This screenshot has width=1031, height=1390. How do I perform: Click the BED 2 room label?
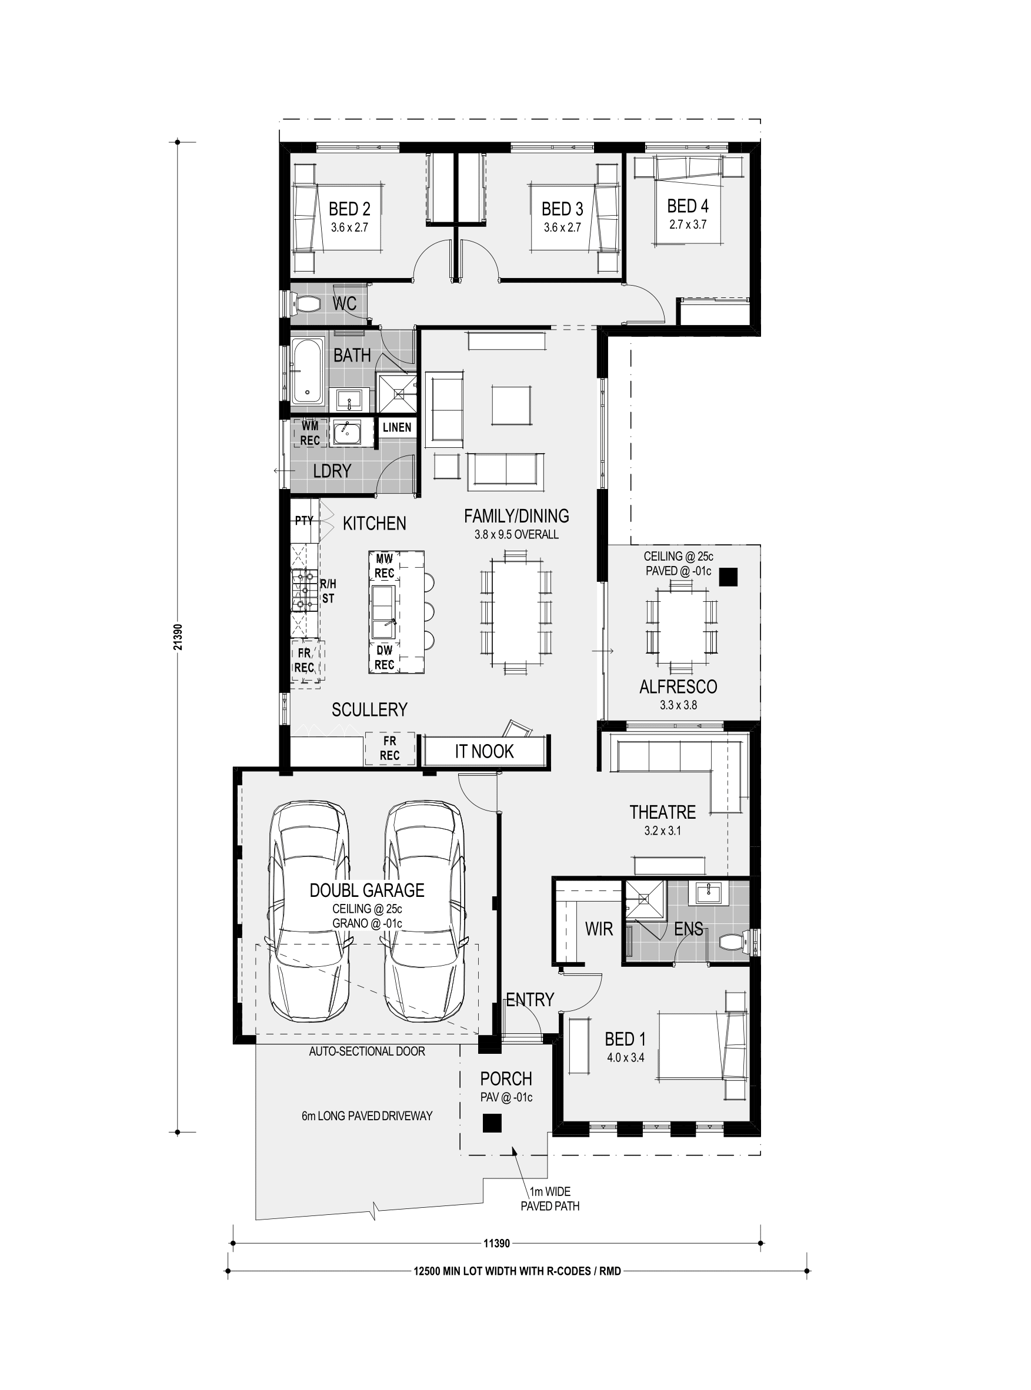(349, 208)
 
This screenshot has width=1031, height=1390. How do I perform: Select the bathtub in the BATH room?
(306, 370)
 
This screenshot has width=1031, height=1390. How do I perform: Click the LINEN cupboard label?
(397, 427)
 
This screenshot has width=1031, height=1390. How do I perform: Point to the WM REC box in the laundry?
(310, 433)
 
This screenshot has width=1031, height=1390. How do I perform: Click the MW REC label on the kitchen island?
(385, 566)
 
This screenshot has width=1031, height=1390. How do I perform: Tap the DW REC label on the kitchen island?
(385, 657)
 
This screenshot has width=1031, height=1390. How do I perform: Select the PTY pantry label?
(304, 520)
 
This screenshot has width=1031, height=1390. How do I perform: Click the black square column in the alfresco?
(728, 577)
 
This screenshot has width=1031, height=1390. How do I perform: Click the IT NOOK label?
(484, 752)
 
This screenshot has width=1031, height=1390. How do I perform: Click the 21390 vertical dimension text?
(178, 637)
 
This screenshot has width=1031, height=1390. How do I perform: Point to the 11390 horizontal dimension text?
(497, 1244)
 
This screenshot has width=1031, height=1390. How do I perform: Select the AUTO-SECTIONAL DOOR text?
(367, 1051)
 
